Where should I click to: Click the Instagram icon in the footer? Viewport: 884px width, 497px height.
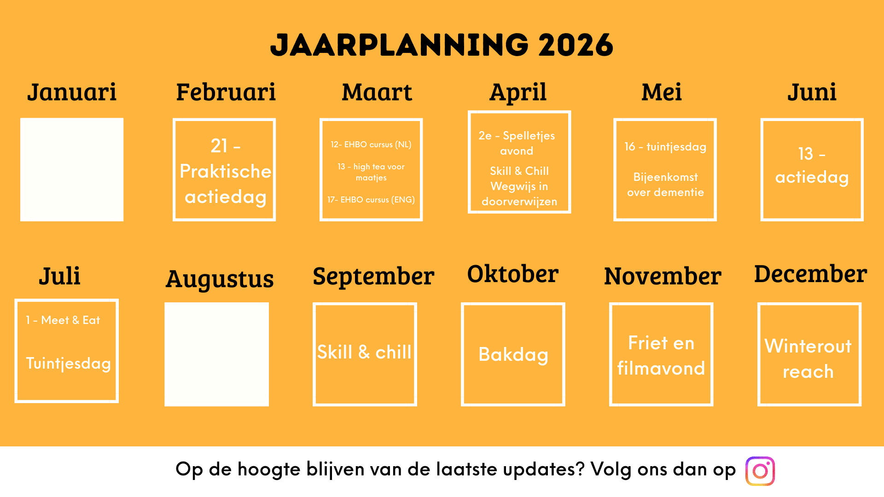coord(760,471)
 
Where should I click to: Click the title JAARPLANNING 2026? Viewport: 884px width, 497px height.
coord(442,45)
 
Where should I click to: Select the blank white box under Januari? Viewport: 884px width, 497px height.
coord(72,169)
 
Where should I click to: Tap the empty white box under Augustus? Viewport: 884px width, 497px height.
coord(216,354)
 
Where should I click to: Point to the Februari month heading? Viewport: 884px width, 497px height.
coord(226,92)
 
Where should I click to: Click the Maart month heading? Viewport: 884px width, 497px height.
coord(377,92)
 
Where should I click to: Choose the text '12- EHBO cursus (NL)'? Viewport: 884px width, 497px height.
coord(371,144)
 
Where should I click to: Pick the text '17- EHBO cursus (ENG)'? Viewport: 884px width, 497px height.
coord(371,200)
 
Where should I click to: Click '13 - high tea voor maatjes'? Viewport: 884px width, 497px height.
coord(371,172)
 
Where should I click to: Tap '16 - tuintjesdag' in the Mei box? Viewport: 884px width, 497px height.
coord(665,147)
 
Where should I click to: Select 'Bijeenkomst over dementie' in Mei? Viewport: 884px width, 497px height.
coord(665,185)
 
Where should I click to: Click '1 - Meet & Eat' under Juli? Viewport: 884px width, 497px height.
coord(63,320)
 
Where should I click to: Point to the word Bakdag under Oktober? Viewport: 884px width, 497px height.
coord(513,355)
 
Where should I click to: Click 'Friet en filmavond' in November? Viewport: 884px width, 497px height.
coord(661,355)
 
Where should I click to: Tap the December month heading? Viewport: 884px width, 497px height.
coord(810,274)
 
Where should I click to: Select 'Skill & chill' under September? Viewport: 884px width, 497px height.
coord(364,352)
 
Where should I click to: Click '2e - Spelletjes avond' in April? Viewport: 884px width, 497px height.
coord(517,143)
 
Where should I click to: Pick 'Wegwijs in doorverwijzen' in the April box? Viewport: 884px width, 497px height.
coord(519,194)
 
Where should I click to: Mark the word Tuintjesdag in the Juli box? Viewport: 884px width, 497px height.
coord(69,364)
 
